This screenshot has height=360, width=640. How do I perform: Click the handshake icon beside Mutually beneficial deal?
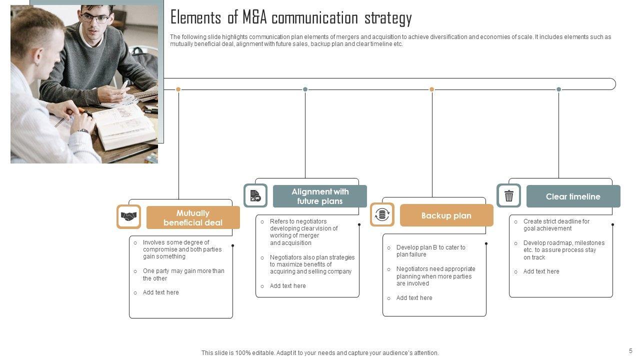(129, 217)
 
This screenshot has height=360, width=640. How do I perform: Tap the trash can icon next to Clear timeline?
(508, 196)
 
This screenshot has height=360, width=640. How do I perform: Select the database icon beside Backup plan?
(382, 215)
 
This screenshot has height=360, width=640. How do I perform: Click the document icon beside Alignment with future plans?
(255, 195)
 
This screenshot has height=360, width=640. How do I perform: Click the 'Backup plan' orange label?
(446, 215)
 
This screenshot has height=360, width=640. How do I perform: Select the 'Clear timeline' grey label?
(573, 196)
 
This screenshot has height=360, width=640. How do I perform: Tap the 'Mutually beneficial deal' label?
(193, 218)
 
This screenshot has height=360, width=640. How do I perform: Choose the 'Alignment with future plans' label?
(320, 196)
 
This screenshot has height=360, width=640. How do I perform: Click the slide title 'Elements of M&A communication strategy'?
(291, 18)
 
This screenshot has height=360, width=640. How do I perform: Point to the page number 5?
(630, 351)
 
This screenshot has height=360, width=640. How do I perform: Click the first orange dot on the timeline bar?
(178, 89)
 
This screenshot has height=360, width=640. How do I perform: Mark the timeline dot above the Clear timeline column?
(558, 89)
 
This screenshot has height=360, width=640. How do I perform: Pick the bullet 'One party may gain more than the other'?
(183, 274)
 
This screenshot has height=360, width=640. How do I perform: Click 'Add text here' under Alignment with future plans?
(287, 286)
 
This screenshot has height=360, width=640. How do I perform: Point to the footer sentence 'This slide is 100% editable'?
(320, 353)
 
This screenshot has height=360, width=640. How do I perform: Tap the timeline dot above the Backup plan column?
(432, 89)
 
